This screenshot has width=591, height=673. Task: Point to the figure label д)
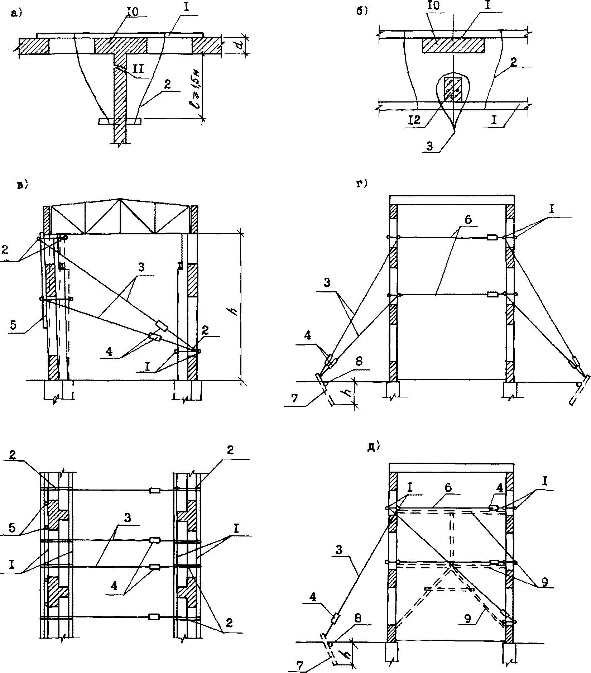pos(374,447)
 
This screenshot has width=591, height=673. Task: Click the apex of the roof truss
pos(120,199)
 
